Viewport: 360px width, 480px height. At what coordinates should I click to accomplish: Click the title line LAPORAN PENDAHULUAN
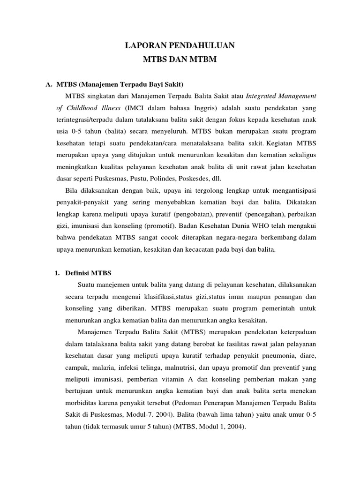180,45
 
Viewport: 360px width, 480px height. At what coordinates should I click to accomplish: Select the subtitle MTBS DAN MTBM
180,60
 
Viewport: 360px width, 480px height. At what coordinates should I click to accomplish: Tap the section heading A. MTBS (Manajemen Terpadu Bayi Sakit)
114,84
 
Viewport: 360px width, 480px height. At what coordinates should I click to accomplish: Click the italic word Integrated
263,96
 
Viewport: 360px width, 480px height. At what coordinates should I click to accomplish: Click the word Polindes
175,178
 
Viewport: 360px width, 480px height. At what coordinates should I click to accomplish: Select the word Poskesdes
207,178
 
